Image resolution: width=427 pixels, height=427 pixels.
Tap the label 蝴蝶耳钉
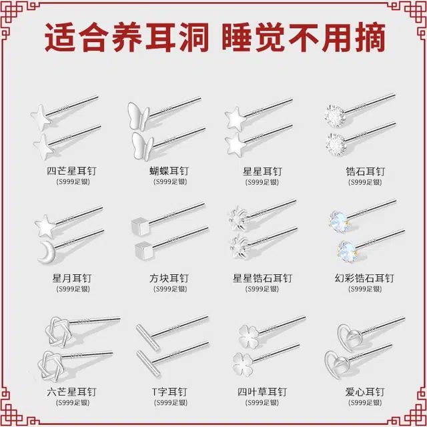point(169,171)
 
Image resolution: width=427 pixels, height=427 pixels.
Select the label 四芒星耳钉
point(71,171)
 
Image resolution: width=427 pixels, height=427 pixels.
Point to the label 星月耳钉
point(72,279)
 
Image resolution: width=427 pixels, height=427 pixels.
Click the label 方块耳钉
point(169,279)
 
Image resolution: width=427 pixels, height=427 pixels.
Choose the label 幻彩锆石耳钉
point(364,279)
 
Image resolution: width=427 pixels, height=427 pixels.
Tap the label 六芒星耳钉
point(71,392)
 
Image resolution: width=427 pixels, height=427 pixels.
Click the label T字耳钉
point(169,392)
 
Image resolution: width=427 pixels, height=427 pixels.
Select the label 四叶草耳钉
point(262,392)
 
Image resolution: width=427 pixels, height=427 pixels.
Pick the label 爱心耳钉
point(365,392)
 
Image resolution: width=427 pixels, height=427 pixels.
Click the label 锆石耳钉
point(365,171)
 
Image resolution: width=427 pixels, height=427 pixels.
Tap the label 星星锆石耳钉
point(262,279)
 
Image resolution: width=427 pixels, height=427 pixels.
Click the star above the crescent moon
point(45,226)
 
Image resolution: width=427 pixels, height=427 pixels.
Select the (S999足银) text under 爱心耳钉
point(365,402)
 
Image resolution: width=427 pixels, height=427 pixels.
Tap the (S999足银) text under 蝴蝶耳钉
point(170,181)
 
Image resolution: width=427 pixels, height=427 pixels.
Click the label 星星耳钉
point(262,171)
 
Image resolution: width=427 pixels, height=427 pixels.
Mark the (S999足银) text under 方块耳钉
point(170,289)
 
